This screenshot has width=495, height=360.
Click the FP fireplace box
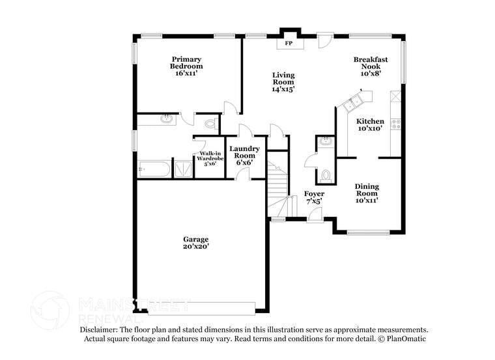pos(289,44)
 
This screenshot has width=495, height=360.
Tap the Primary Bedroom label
pos(186,66)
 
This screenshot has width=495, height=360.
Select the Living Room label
pos(283,82)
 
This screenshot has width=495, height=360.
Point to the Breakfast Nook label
pos(371,66)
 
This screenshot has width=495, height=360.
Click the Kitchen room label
pos(370,125)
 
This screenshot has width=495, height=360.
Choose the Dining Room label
pos(367,193)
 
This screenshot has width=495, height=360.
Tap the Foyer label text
pos(315,197)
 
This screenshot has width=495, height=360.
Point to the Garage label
pos(195,243)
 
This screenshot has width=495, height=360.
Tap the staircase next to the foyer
pos(279,189)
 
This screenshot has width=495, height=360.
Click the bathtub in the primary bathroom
pos(154,170)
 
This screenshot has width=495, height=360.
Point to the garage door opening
pos(202,307)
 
